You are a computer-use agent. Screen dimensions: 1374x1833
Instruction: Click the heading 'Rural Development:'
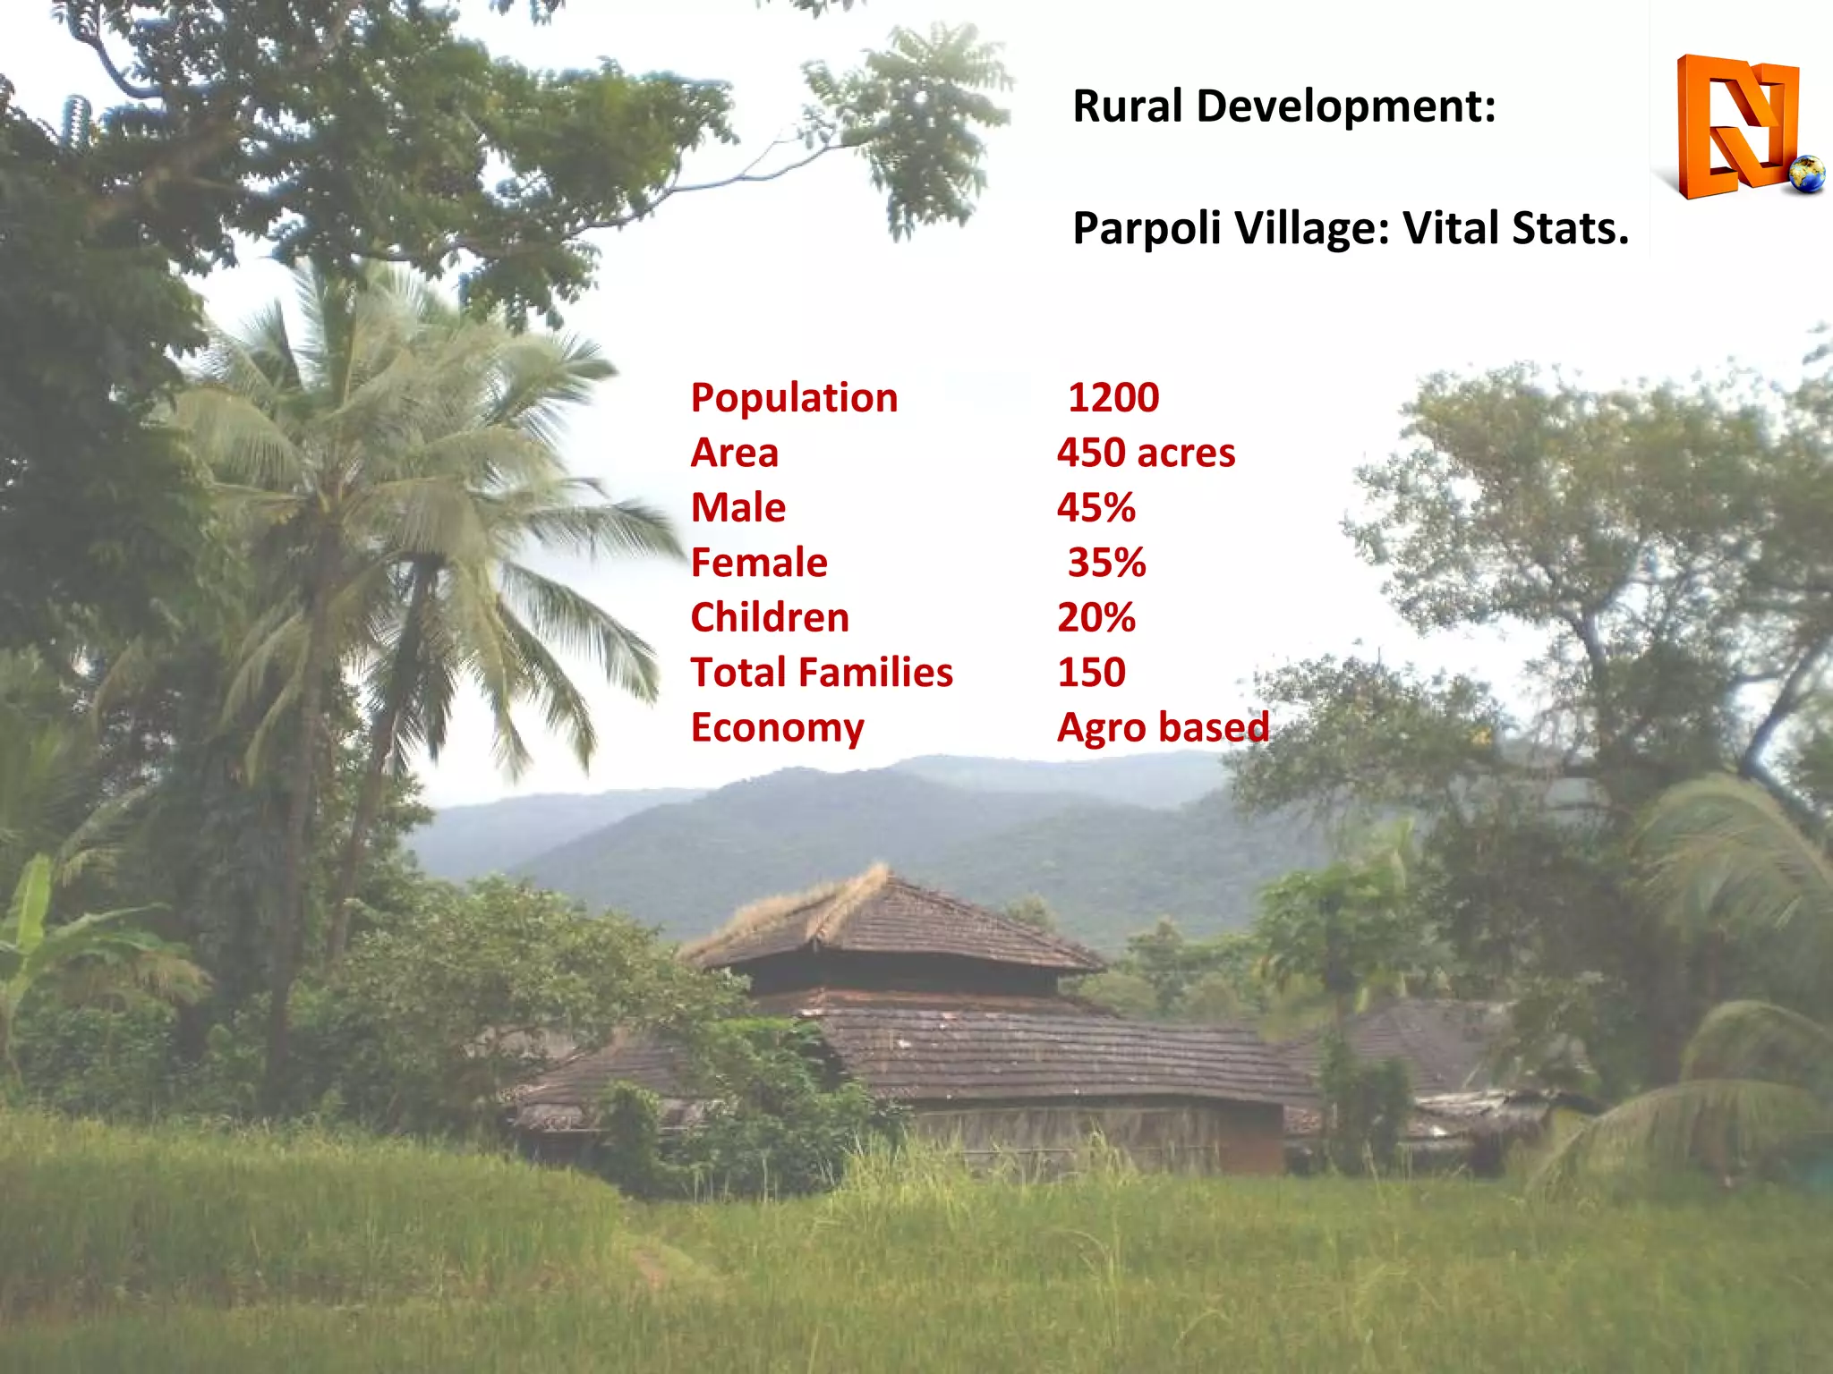tap(1283, 106)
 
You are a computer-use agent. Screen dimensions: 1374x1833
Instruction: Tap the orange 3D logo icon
tap(1736, 125)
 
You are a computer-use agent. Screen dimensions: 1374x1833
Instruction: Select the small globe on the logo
tap(1807, 174)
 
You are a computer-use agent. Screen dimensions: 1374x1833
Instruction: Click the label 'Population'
tap(794, 398)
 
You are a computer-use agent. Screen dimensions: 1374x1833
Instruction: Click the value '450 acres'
tap(1146, 453)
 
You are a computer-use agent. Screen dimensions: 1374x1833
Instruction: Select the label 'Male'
tap(738, 508)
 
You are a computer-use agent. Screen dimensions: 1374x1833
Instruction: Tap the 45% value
tap(1096, 508)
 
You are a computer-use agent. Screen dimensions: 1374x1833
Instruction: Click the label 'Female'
tap(759, 563)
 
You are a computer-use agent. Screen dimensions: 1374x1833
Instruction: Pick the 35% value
tap(1106, 563)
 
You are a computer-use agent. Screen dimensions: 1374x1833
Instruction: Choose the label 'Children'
tap(770, 618)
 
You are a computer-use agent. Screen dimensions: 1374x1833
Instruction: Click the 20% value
tap(1096, 618)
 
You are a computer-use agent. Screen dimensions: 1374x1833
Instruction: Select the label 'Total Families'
tap(822, 673)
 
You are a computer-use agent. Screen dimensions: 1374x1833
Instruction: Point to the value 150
tap(1091, 673)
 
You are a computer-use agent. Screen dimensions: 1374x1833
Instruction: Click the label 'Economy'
tap(777, 728)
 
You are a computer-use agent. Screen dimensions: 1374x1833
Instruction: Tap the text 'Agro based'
tap(1163, 728)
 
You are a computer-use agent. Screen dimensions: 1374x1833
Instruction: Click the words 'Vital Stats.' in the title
tap(1515, 228)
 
